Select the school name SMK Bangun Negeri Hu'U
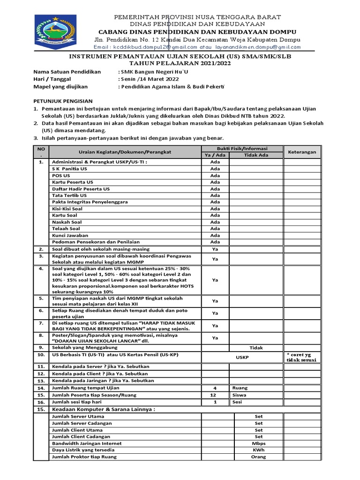point(154,72)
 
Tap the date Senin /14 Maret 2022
point(149,79)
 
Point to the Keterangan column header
point(302,152)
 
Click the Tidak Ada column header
point(256,155)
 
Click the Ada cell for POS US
point(215,175)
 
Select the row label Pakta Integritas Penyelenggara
point(90,202)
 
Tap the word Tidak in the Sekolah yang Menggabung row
point(256,348)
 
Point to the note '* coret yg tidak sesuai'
point(302,357)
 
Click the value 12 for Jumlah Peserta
point(215,395)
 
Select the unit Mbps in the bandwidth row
point(258,443)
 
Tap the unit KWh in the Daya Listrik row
point(258,450)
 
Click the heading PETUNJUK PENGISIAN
point(63,101)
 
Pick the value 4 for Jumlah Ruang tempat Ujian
point(215,388)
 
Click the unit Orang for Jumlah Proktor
point(258,457)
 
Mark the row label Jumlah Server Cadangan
point(82,423)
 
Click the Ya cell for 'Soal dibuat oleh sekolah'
point(215,249)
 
